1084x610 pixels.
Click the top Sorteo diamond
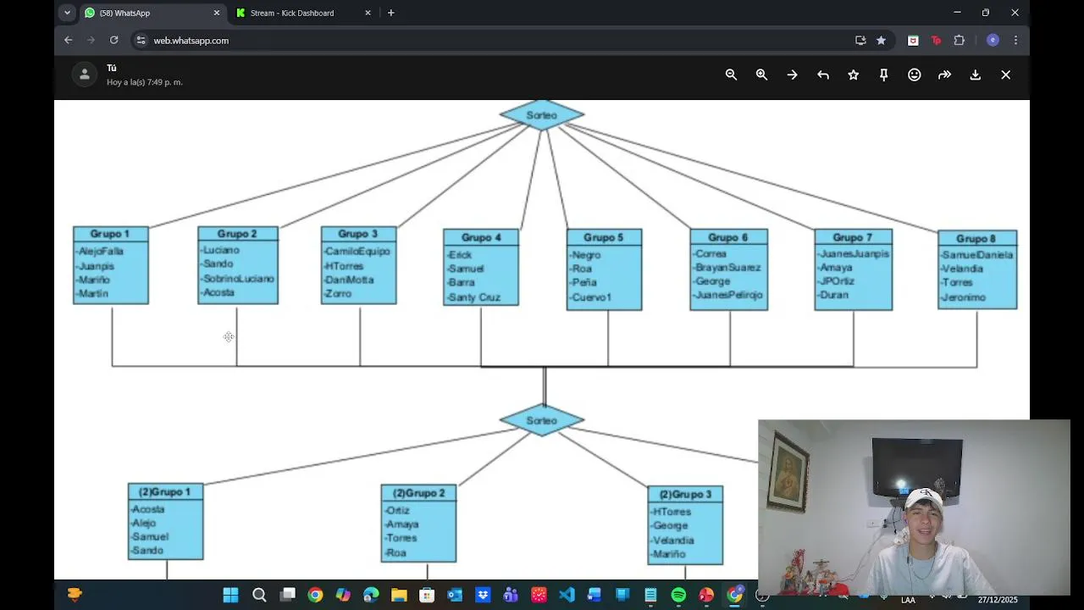[542, 115]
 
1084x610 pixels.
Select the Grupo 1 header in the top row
[110, 234]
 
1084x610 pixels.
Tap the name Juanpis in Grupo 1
[97, 266]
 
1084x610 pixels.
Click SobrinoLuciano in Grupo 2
[238, 279]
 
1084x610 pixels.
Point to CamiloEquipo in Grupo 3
[357, 252]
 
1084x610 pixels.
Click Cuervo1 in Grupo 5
[591, 297]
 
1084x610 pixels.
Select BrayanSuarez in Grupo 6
[727, 268]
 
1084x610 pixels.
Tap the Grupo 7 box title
[852, 237]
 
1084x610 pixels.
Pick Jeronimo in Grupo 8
[964, 297]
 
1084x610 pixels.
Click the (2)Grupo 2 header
[418, 493]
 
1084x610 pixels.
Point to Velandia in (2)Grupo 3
[673, 541]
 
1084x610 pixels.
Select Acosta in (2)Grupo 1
[148, 509]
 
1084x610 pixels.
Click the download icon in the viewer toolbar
[976, 75]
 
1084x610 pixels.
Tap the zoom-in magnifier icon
[761, 75]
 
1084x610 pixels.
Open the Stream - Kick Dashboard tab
[292, 13]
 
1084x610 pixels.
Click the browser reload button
[113, 40]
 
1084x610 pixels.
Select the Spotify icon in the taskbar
[678, 596]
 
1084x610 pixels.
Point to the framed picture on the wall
[788, 471]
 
